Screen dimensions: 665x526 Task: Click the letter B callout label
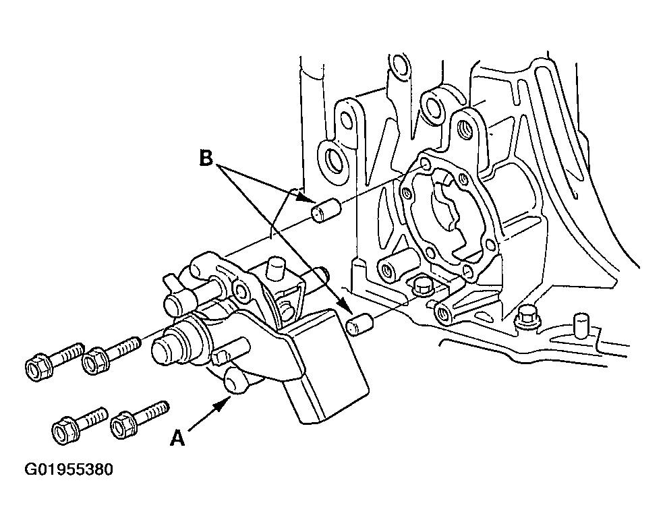pyautogui.click(x=206, y=158)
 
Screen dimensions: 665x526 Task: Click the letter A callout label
pyautogui.click(x=177, y=438)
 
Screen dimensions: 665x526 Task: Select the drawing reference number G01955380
pyautogui.click(x=69, y=470)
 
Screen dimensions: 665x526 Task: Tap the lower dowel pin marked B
pyautogui.click(x=359, y=324)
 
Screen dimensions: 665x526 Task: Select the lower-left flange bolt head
pyautogui.click(x=65, y=430)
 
